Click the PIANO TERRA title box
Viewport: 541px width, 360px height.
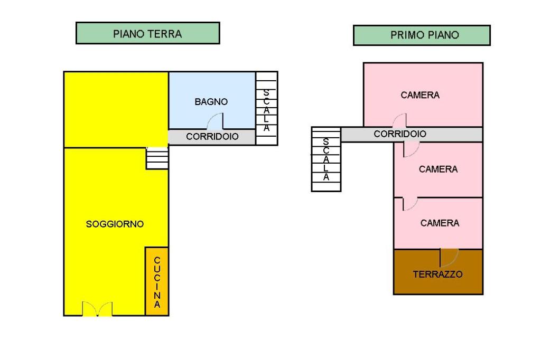[x=148, y=33]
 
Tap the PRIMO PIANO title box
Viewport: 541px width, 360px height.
[x=422, y=35]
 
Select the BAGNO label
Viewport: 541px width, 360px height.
[x=211, y=102]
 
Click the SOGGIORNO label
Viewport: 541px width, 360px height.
[x=115, y=224]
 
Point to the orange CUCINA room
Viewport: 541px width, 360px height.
[x=157, y=281]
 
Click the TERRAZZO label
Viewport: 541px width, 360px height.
[x=438, y=274]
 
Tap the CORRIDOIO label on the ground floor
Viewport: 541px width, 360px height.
[x=212, y=137]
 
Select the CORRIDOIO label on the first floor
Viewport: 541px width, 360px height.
[x=400, y=134]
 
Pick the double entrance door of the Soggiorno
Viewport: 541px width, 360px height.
[x=97, y=309]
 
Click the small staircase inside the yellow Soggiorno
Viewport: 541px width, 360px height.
[x=157, y=158]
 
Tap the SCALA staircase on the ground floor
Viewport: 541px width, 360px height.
[x=267, y=108]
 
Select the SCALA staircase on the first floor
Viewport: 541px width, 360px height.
[x=326, y=159]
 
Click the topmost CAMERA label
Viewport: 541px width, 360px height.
[x=420, y=95]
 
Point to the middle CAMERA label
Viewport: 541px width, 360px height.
[x=438, y=169]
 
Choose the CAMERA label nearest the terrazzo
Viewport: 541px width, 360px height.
[x=440, y=223]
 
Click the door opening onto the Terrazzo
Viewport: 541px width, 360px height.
[x=449, y=258]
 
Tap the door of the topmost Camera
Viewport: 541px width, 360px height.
[x=399, y=120]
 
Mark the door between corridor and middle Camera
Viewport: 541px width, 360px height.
[x=411, y=149]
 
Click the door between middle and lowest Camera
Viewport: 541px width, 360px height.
[x=410, y=204]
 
